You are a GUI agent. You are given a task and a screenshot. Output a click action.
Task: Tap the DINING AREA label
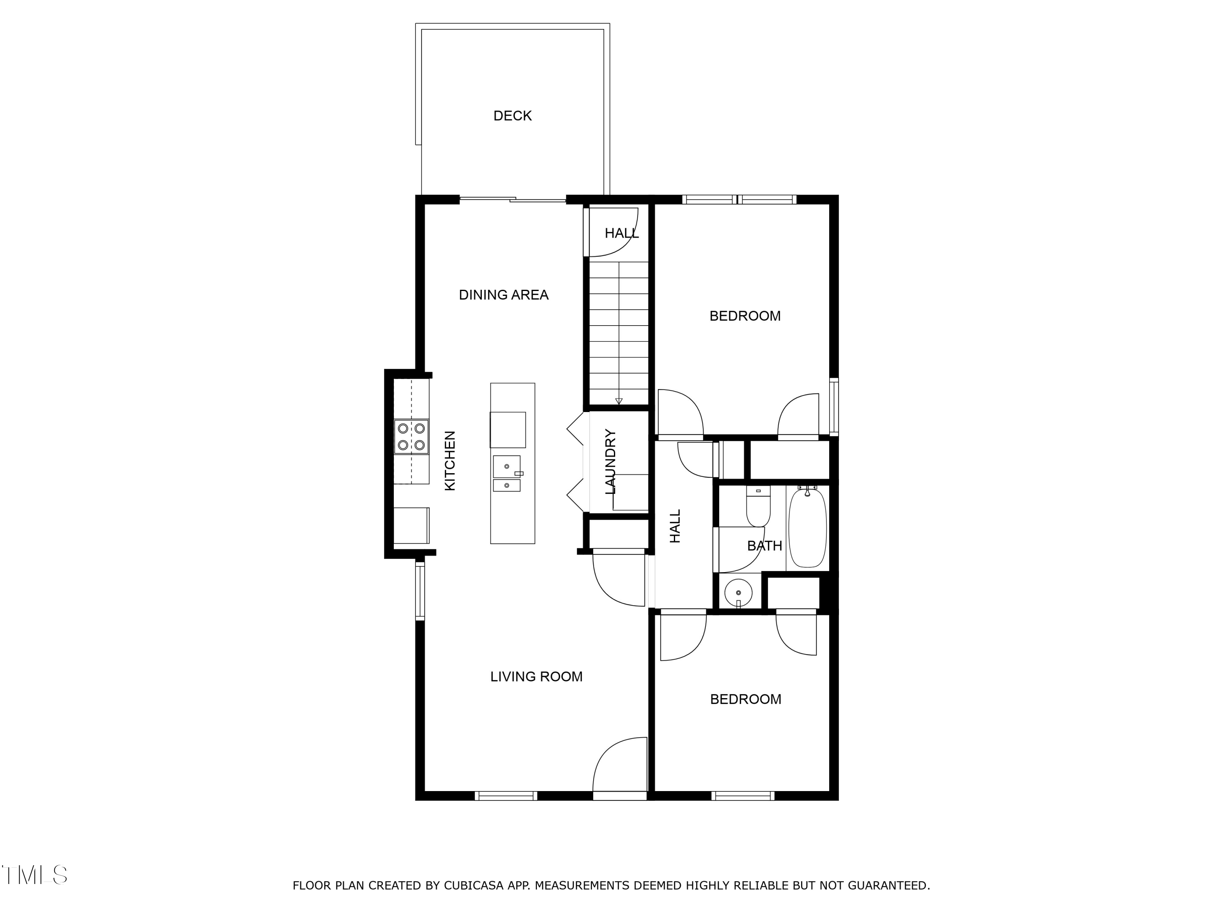(x=504, y=295)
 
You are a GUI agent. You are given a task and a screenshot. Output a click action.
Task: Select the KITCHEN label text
(x=450, y=461)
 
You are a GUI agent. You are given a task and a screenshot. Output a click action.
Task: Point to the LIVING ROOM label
(x=536, y=677)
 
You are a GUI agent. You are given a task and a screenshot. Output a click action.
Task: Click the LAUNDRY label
(x=610, y=461)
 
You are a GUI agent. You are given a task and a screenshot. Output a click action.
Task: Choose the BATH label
(x=765, y=546)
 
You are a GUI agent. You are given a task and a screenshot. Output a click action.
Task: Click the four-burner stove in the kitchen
(x=411, y=436)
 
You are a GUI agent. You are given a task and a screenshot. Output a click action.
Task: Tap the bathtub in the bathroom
(x=807, y=528)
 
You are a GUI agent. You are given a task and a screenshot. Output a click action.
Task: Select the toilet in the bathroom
(x=758, y=506)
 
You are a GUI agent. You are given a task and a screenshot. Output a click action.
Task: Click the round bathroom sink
(x=738, y=593)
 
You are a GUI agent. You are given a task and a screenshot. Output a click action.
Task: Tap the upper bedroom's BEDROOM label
(x=745, y=316)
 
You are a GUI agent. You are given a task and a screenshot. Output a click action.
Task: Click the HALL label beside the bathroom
(x=675, y=526)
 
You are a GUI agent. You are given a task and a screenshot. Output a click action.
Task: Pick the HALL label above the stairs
(x=621, y=233)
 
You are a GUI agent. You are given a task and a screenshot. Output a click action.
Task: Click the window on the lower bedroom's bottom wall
(x=742, y=796)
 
